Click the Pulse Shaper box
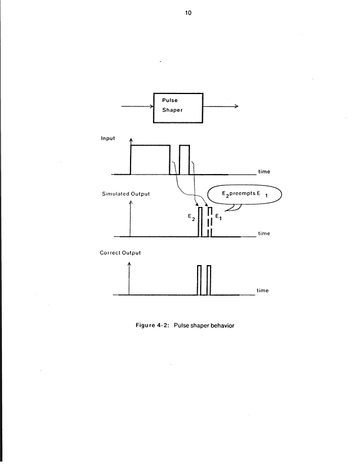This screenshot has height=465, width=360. (178, 107)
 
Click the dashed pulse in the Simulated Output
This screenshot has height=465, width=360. (209, 222)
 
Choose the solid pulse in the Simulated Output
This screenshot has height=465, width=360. (201, 222)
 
